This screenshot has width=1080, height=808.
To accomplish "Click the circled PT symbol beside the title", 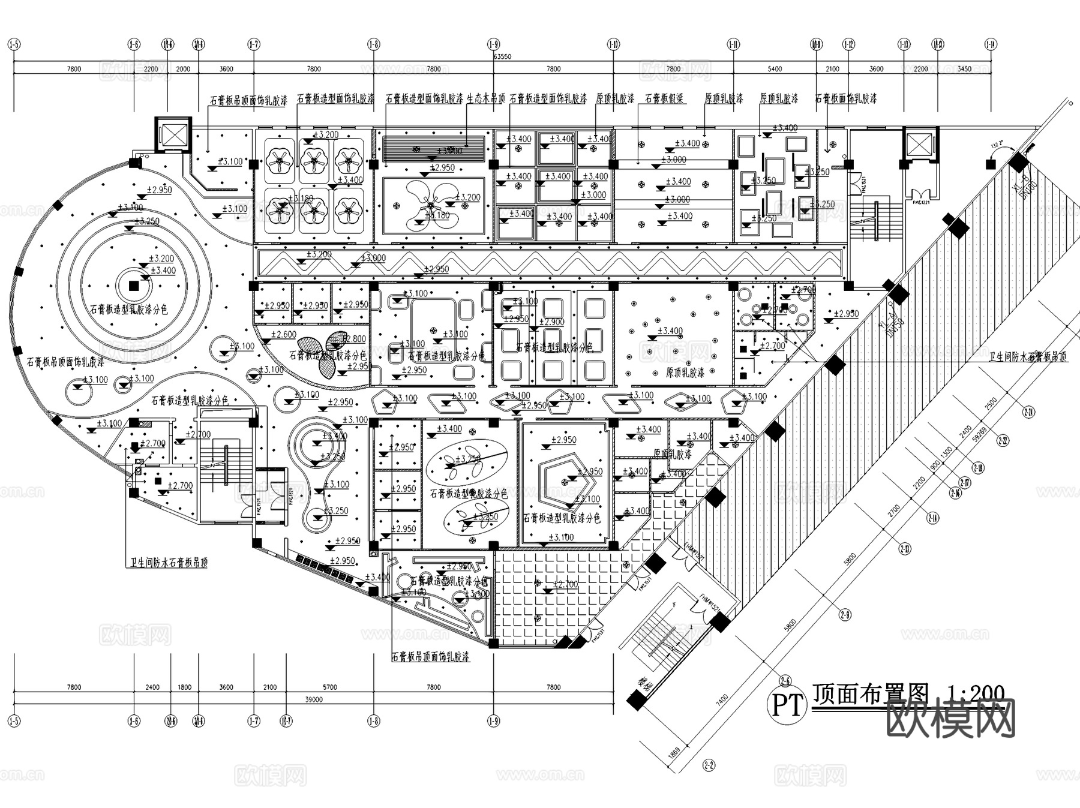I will click(x=786, y=706).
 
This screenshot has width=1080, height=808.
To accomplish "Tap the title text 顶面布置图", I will click(x=870, y=695).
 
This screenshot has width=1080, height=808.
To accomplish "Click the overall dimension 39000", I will click(x=314, y=699).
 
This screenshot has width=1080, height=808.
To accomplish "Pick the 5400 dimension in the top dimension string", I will click(x=775, y=69).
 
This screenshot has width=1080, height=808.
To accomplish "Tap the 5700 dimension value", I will click(x=329, y=687).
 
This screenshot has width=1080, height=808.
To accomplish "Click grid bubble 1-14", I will click(x=991, y=44).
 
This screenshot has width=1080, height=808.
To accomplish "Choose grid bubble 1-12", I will click(x=848, y=44).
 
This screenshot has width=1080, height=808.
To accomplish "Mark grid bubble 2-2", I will click(x=709, y=765).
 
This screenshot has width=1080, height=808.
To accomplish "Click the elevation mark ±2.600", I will click(x=283, y=335).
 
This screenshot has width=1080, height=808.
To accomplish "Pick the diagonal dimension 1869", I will click(x=673, y=754).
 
